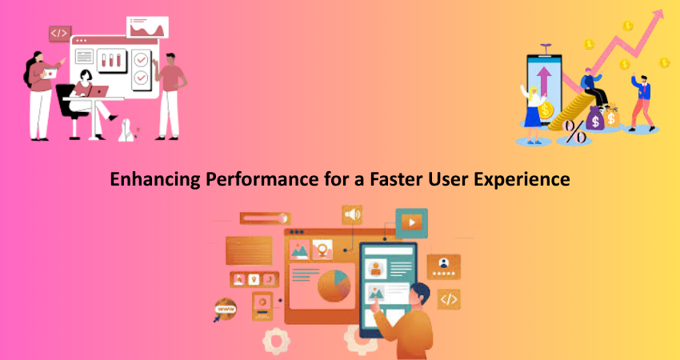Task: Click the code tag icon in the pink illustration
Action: (x=59, y=34)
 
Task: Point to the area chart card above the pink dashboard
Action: (x=147, y=27)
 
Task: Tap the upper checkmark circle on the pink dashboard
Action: (x=141, y=60)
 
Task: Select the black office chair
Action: (x=70, y=110)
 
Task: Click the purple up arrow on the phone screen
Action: (x=543, y=81)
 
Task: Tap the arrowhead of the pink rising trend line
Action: (x=658, y=15)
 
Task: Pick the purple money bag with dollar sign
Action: (x=594, y=119)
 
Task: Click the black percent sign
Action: (x=574, y=131)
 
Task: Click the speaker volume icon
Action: (x=352, y=214)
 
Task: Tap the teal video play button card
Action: (x=411, y=223)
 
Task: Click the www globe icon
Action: (x=226, y=310)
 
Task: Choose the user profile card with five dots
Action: (x=443, y=266)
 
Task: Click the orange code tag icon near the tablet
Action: (x=449, y=299)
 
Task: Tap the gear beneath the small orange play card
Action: (x=276, y=341)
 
